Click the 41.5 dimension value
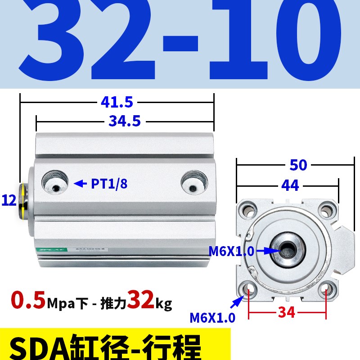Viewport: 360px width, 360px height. tap(117, 103)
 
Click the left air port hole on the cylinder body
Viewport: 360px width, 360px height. tap(56, 183)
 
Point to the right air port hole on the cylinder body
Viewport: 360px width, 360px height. tap(194, 183)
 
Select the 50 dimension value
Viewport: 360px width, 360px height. tap(298, 165)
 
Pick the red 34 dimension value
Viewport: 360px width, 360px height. tap(286, 311)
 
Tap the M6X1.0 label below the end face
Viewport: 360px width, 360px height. tap(212, 318)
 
